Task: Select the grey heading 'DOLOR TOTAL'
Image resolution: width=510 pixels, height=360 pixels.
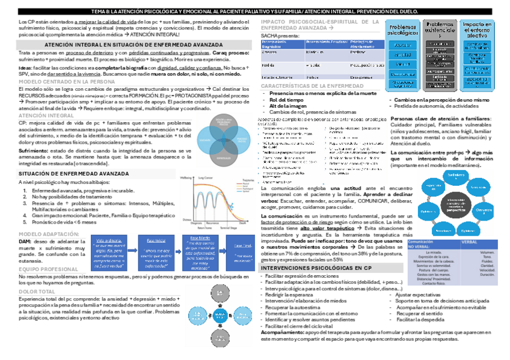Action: [x=37, y=291]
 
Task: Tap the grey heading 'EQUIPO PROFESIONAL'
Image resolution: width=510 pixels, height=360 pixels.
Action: [x=49, y=269]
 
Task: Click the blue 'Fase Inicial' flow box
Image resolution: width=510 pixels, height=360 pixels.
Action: [x=155, y=241]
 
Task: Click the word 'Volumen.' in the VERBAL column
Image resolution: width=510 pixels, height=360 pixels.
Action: [x=488, y=252]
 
